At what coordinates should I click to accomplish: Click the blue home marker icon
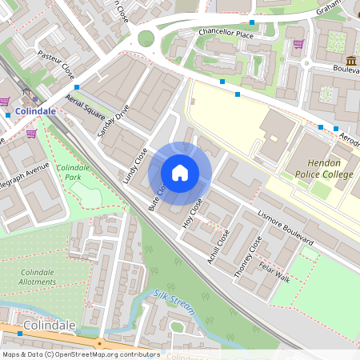coord(180,173)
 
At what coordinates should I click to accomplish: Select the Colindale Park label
coord(73,171)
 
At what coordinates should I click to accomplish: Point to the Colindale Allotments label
coord(37,277)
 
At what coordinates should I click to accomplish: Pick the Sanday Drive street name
coord(111,122)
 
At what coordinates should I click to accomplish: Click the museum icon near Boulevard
coord(351,62)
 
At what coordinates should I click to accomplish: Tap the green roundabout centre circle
coord(146,38)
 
